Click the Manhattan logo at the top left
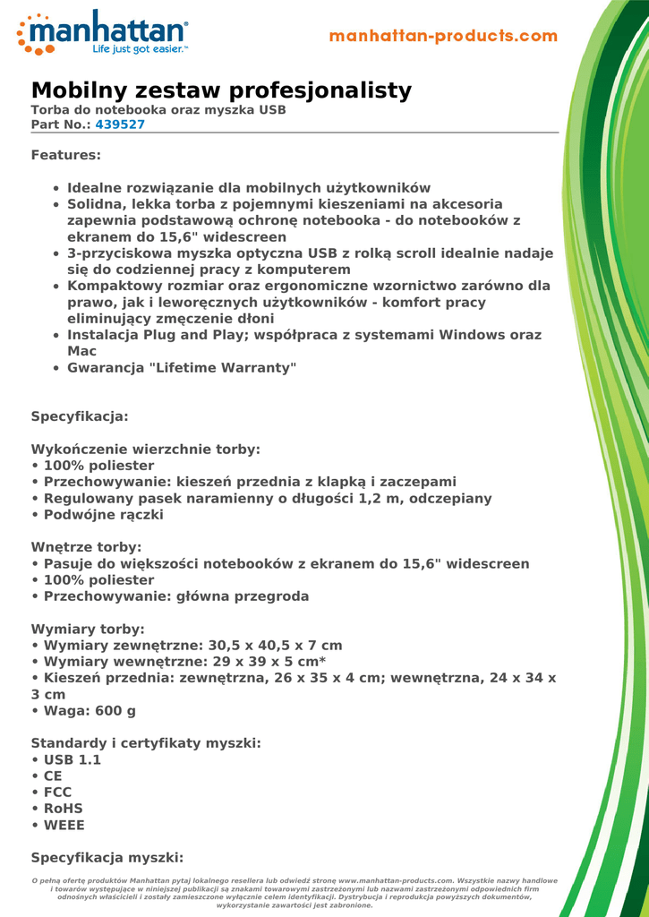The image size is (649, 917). click(x=103, y=34)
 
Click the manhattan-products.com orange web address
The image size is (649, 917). click(x=443, y=37)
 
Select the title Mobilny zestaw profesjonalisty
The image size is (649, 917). click(x=221, y=90)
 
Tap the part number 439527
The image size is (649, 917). click(x=120, y=124)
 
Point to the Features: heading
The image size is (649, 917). click(x=66, y=155)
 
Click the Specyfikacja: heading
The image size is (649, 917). click(x=80, y=416)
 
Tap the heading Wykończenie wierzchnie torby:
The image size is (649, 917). click(x=146, y=450)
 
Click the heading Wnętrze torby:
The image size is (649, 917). click(x=86, y=547)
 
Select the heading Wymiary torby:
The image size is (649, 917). click(x=88, y=630)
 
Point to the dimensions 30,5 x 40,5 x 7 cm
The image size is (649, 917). click(x=276, y=646)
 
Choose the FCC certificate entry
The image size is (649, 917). click(x=57, y=793)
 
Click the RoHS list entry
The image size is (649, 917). click(x=63, y=809)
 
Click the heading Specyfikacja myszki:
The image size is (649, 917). click(x=107, y=856)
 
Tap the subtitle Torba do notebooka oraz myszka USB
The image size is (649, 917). click(x=158, y=110)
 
